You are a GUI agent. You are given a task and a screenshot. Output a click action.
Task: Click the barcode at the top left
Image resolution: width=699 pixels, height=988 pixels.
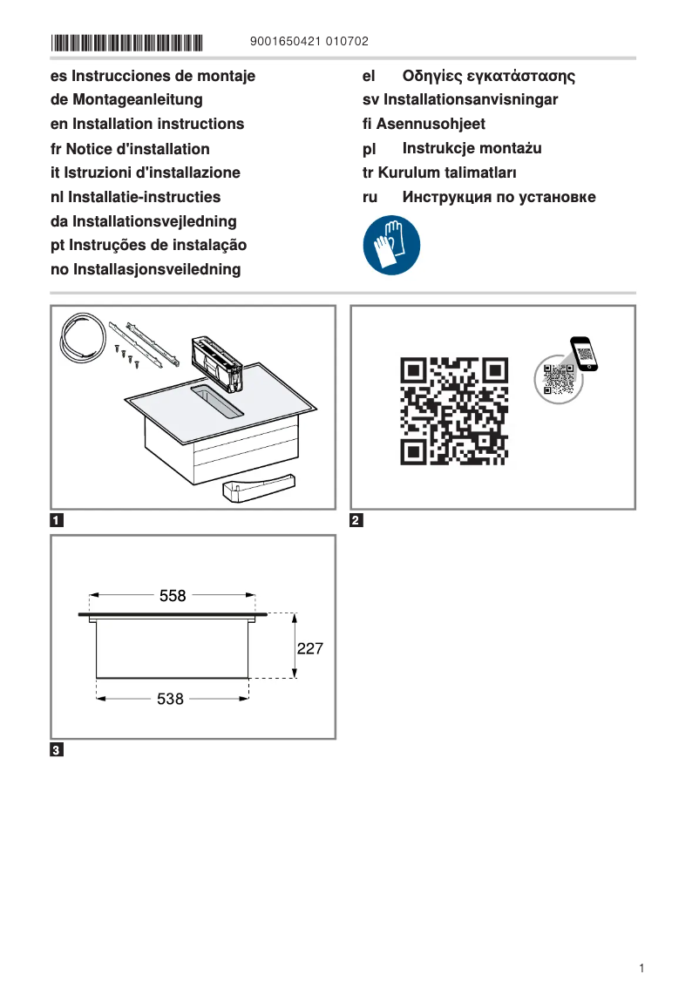point(126,42)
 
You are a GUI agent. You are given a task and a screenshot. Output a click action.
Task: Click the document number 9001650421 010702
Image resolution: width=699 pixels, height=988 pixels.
point(309,42)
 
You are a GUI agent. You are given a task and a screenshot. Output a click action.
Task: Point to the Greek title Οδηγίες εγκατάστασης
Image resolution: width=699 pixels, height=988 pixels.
point(488,76)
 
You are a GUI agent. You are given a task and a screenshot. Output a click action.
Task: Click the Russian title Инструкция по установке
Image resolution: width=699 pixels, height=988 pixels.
point(499,197)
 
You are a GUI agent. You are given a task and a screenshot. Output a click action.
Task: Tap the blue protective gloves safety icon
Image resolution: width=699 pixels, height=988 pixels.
point(391,246)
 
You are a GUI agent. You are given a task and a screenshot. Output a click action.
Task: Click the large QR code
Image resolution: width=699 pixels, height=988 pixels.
point(454,409)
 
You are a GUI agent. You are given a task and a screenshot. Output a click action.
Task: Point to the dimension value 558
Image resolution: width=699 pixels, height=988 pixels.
point(173,596)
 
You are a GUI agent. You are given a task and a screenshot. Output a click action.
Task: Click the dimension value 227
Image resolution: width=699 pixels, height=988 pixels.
point(310,649)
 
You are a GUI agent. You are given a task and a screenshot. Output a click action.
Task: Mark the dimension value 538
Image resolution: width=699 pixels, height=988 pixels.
point(170,699)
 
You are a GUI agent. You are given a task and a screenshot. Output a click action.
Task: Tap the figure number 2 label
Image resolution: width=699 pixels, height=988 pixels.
point(356,522)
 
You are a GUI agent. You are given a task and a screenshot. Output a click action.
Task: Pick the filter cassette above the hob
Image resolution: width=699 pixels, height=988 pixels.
point(217,359)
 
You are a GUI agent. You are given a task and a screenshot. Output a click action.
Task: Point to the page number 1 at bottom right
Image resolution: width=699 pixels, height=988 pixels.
point(641,968)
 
